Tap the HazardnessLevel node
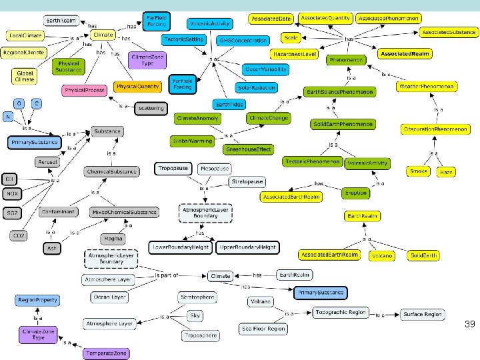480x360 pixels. pos(293,53)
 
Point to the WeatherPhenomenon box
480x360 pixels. pos(427,87)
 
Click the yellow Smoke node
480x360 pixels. pos(419,171)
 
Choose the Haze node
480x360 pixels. pos(446,172)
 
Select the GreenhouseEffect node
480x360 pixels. pos(248,149)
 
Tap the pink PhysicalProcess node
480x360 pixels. pos(85,90)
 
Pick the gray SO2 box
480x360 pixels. pos(12,213)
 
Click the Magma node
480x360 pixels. pos(113,238)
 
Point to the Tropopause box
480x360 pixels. pos(173,169)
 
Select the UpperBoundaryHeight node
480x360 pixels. pos(248,248)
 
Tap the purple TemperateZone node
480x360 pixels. pos(105,353)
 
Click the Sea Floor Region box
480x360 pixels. pos(263,329)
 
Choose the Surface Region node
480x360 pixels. pos(422,314)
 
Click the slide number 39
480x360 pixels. pos(469,324)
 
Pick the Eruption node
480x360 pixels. pos(355,193)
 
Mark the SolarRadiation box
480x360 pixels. pos(256,88)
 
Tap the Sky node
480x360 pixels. pos(195,315)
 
